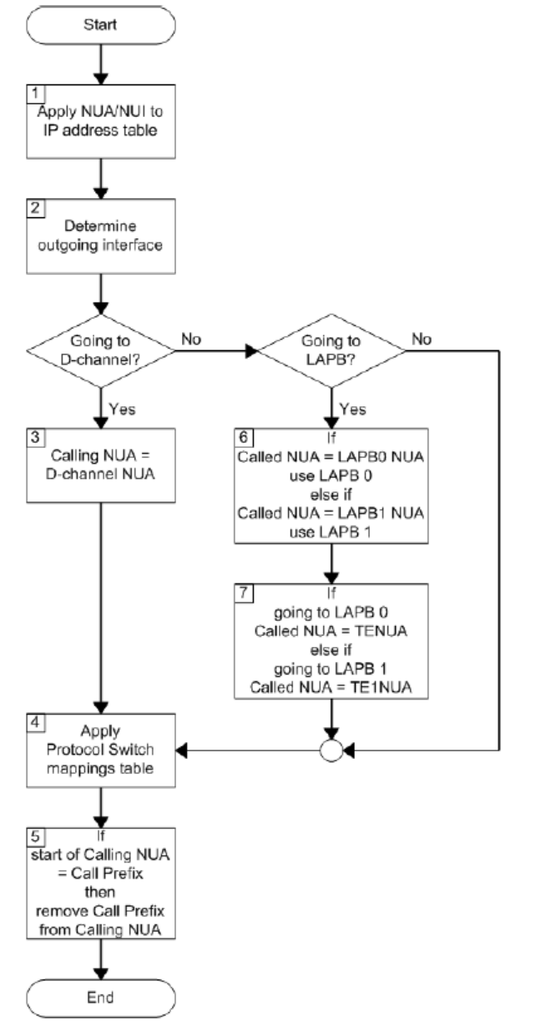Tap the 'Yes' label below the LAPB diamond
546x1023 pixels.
coord(351,409)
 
